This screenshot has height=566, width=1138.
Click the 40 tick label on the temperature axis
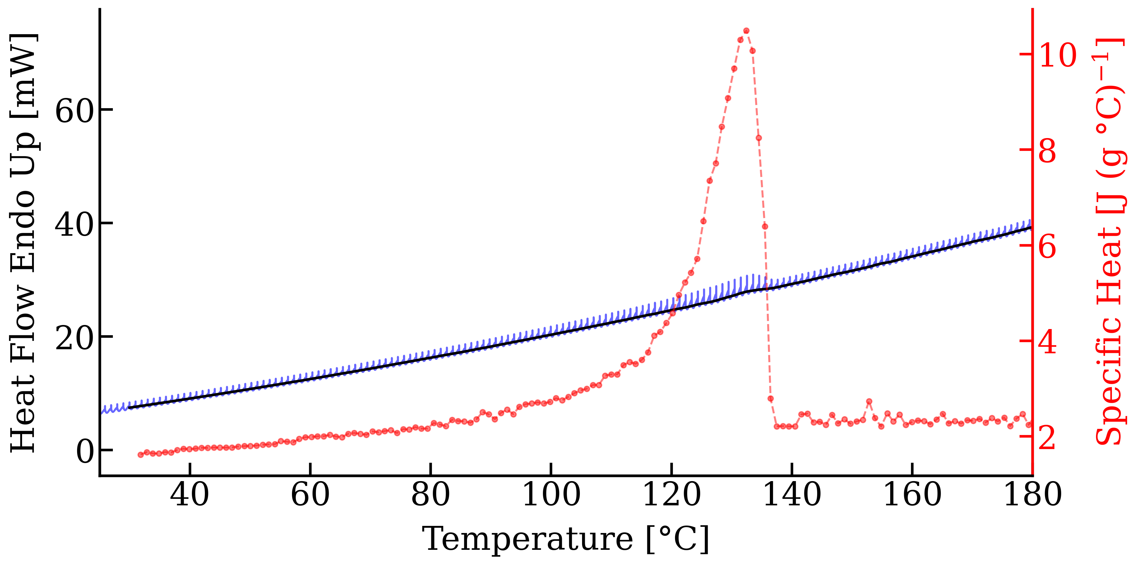click(190, 494)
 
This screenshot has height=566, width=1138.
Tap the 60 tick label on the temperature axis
click(310, 494)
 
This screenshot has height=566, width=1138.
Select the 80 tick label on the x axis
click(431, 494)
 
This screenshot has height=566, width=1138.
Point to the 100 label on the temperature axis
click(551, 494)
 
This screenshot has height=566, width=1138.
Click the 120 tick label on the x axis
click(672, 494)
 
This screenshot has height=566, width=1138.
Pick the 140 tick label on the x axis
click(792, 494)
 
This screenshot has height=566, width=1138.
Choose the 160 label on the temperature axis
click(912, 494)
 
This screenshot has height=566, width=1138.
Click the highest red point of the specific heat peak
click(746, 30)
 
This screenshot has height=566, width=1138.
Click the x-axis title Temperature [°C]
click(566, 539)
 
